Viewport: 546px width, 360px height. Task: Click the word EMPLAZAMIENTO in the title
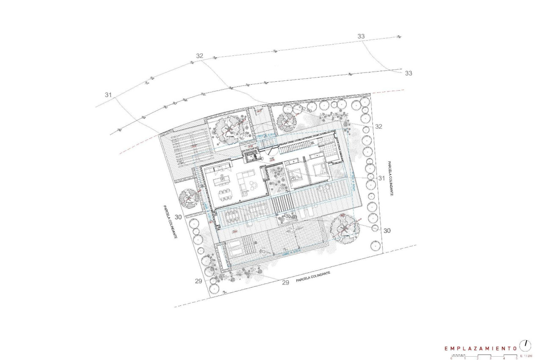click(x=480, y=348)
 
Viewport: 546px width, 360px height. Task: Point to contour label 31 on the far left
click(x=108, y=95)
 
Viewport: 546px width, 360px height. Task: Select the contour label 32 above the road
click(x=200, y=56)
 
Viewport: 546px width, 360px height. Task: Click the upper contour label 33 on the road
click(x=361, y=36)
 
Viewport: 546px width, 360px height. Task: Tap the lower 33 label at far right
click(x=408, y=73)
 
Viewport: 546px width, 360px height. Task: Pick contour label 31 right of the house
click(x=381, y=178)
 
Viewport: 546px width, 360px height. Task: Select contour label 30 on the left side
click(x=178, y=217)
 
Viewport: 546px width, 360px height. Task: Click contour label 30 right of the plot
click(x=386, y=230)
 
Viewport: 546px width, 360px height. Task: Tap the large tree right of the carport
click(x=229, y=129)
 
